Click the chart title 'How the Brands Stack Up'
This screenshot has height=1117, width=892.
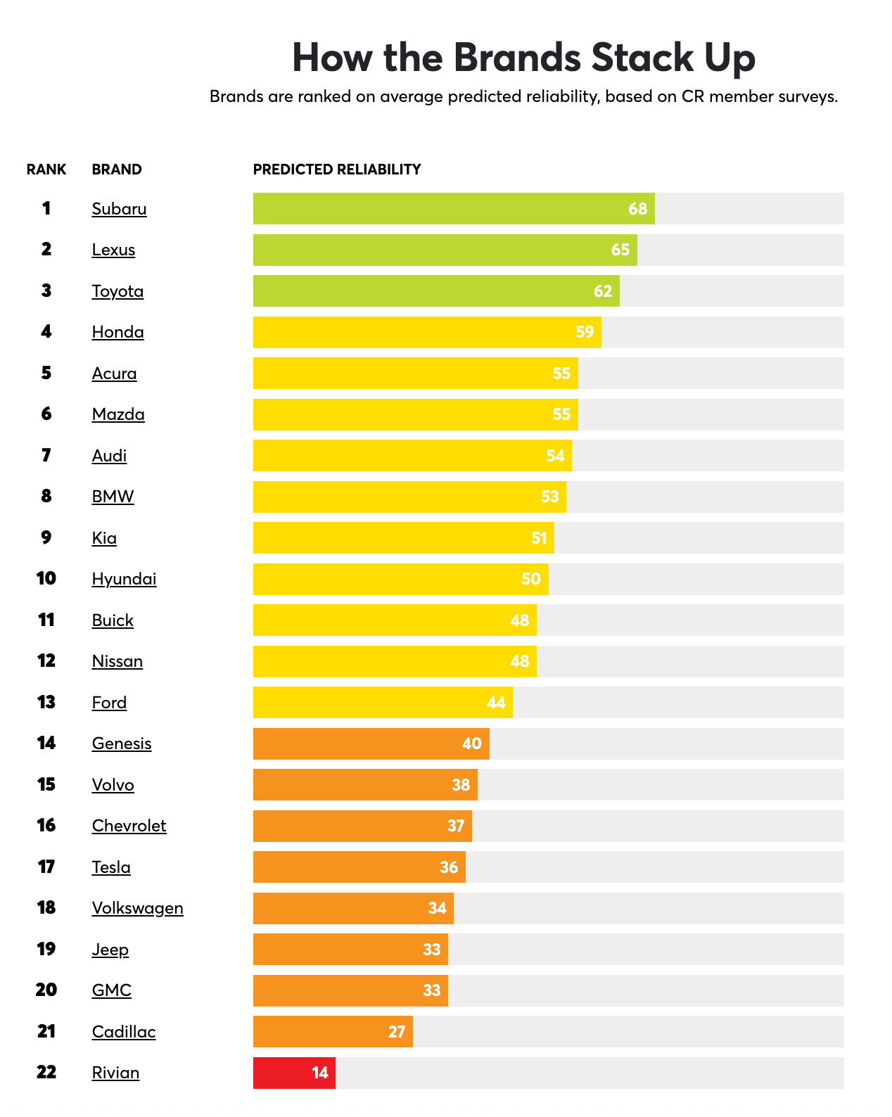tap(523, 58)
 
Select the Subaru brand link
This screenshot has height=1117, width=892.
tap(119, 209)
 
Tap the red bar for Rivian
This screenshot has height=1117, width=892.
tap(293, 1073)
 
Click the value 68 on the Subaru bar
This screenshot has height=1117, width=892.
tap(637, 209)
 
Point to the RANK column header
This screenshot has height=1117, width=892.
tap(46, 170)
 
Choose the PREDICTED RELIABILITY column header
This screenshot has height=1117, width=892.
tap(337, 170)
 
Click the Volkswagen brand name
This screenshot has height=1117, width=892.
tap(137, 908)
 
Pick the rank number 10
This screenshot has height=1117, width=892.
tap(46, 578)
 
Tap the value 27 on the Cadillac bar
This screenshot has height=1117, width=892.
tap(397, 1032)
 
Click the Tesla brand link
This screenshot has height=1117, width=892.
tap(111, 867)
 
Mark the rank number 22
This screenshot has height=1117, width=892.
tap(46, 1072)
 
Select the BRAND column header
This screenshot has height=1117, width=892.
tap(117, 170)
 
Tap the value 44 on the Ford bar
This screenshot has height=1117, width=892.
tap(496, 703)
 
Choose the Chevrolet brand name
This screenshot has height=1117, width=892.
tap(129, 826)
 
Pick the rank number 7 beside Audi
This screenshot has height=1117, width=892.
tap(46, 455)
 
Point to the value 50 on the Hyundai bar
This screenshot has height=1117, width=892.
tap(531, 579)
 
